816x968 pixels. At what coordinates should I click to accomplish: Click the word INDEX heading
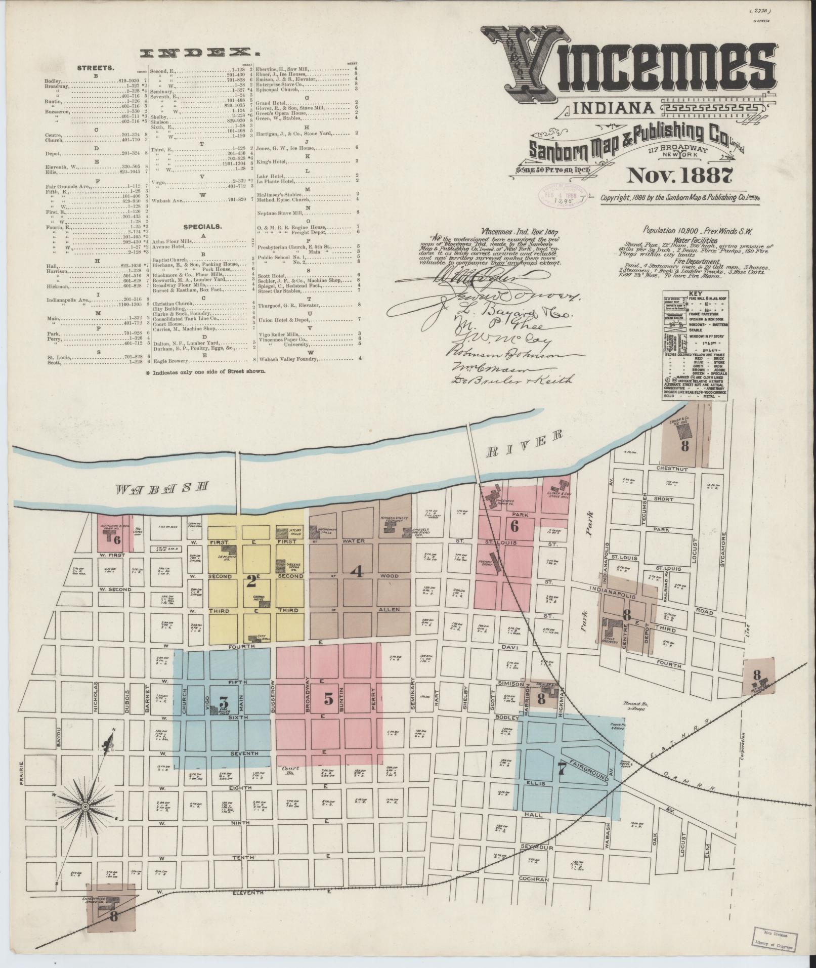[x=197, y=52]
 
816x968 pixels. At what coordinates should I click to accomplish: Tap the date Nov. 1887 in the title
[x=680, y=176]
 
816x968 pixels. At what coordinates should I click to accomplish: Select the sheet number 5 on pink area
[x=328, y=700]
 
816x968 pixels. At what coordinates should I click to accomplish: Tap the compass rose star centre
[x=85, y=806]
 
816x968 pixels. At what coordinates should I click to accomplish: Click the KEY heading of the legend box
[x=695, y=293]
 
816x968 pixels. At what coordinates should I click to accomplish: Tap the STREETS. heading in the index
[x=95, y=67]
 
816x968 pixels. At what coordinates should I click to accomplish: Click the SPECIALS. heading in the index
[x=202, y=227]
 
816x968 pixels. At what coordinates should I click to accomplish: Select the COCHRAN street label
[x=533, y=879]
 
